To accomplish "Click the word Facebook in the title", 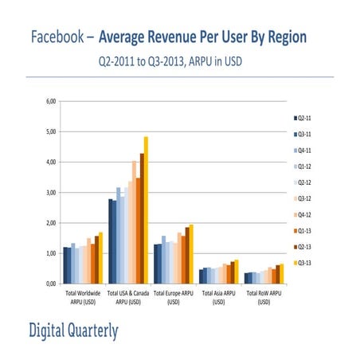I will pyautogui.click(x=59, y=37).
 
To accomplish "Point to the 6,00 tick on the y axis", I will pyautogui.click(x=50, y=101).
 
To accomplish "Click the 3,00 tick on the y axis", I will pyautogui.click(x=50, y=193).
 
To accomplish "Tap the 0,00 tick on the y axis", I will pyautogui.click(x=50, y=284).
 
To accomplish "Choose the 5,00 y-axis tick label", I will pyautogui.click(x=50, y=131).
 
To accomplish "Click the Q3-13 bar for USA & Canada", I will pyautogui.click(x=146, y=210).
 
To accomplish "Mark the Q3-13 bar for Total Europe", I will pyautogui.click(x=190, y=254).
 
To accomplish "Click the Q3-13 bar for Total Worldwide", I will pyautogui.click(x=100, y=258).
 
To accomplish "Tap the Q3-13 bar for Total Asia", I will pyautogui.click(x=237, y=272).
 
